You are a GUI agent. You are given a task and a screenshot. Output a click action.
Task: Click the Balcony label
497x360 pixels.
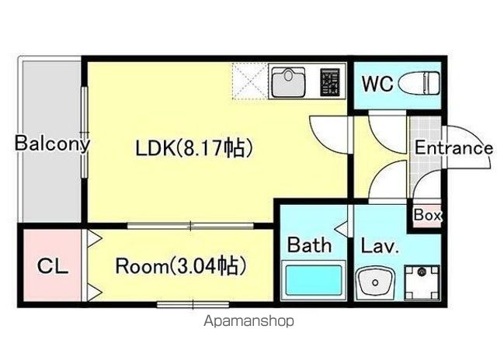click(x=52, y=144)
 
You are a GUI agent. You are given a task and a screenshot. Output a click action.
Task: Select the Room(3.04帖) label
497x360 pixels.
click(x=181, y=266)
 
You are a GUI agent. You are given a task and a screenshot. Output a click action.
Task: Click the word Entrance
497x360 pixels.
click(x=454, y=147)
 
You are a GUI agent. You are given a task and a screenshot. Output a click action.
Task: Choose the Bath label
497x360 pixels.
click(x=310, y=245)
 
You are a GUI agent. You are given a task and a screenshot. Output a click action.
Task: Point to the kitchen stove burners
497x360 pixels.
click(x=330, y=80)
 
